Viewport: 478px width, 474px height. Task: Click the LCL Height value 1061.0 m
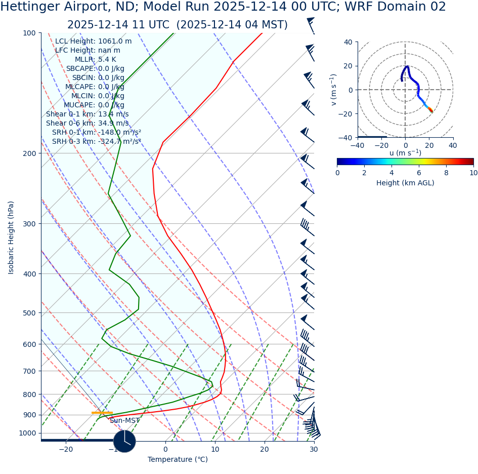(114, 42)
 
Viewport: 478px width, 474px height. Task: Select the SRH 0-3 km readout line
(96, 142)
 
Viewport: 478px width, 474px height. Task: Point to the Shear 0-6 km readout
(87, 124)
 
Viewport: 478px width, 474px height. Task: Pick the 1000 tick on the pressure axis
(28, 433)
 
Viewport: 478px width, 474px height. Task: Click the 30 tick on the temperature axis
(314, 450)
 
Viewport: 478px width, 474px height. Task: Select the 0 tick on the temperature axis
(165, 450)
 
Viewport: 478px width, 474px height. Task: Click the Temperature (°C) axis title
(178, 460)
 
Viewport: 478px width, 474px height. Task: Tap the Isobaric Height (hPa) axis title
(11, 237)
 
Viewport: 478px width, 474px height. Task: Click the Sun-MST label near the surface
(124, 421)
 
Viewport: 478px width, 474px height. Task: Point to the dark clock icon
(124, 441)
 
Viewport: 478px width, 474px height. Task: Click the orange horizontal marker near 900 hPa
(102, 413)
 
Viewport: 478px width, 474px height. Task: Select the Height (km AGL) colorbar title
(405, 183)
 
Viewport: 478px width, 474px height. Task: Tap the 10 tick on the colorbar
(473, 173)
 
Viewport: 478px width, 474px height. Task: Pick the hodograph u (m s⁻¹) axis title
(405, 153)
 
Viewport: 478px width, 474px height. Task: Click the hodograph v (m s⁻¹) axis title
(333, 90)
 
